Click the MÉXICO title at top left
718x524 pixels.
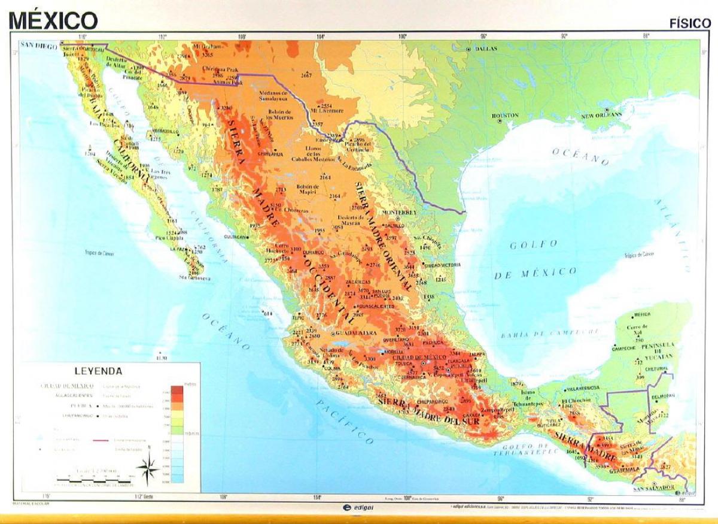pyautogui.click(x=53, y=20)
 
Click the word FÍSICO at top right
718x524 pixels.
pyautogui.click(x=689, y=23)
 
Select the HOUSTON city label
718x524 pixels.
pyautogui.click(x=505, y=115)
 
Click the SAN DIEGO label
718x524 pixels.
pyautogui.click(x=39, y=45)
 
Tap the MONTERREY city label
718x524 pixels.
pyautogui.click(x=398, y=213)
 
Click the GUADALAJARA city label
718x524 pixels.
pyautogui.click(x=356, y=332)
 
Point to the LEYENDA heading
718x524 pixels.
pyautogui.click(x=98, y=371)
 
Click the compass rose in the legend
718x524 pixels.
pyautogui.click(x=148, y=467)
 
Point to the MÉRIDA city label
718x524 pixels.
pyautogui.click(x=642, y=314)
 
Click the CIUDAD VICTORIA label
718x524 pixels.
pyautogui.click(x=442, y=265)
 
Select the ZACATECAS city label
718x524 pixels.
pyautogui.click(x=358, y=282)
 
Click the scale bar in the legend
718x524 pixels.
pyautogui.click(x=93, y=480)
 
